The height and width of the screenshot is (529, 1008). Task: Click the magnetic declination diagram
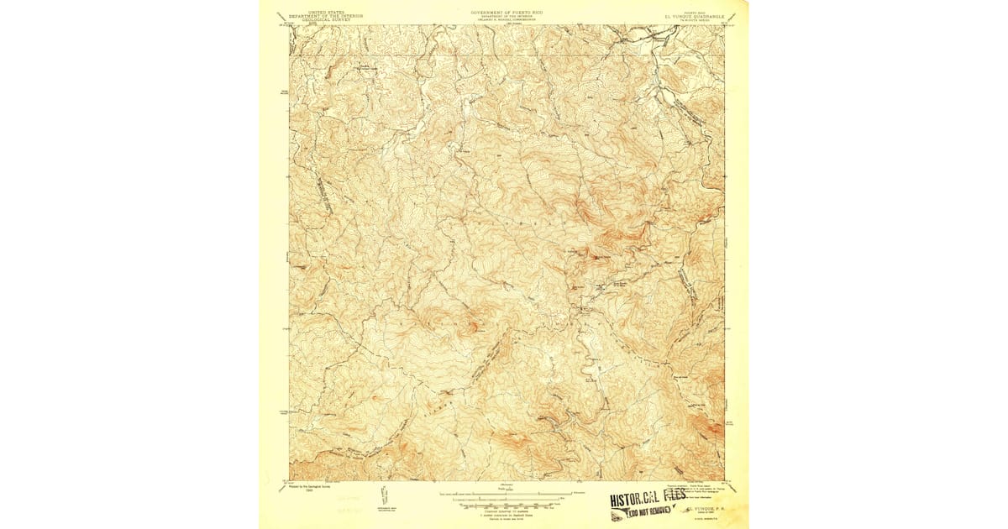(x=385, y=495)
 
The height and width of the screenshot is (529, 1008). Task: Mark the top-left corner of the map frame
(x=290, y=25)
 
